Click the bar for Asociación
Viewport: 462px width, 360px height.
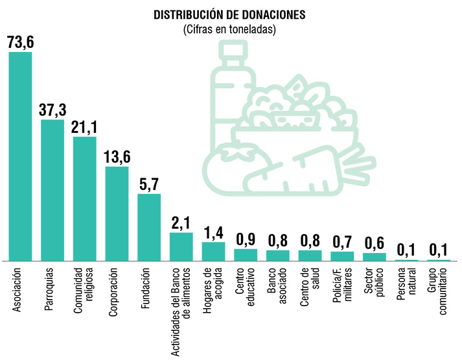coord(20,156)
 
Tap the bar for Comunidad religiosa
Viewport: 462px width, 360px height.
coord(84,198)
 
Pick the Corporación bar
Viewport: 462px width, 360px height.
coord(117,213)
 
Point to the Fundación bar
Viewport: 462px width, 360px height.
coord(148,227)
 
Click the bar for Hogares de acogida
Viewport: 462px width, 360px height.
coord(213,251)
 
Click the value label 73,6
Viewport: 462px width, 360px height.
coord(21,42)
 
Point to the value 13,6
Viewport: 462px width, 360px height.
coord(117,158)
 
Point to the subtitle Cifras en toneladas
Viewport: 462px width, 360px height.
coord(230,30)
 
